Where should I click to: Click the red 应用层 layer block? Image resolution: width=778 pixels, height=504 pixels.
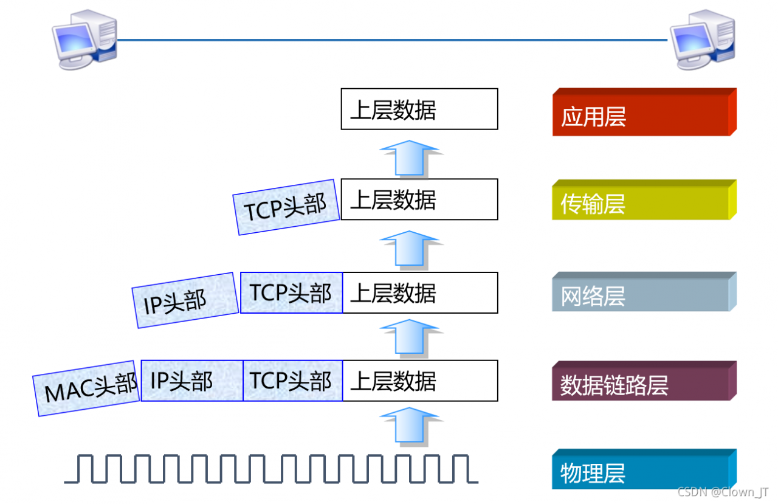pyautogui.click(x=644, y=112)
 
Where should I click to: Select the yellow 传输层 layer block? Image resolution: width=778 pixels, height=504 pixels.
pyautogui.click(x=644, y=200)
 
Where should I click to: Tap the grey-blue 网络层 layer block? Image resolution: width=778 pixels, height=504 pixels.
pyautogui.click(x=644, y=292)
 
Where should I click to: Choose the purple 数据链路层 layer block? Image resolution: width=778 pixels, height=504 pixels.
pyautogui.click(x=644, y=381)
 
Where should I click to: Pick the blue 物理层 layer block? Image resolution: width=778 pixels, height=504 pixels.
pyautogui.click(x=644, y=469)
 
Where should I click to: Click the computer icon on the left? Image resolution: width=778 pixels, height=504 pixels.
pyautogui.click(x=84, y=40)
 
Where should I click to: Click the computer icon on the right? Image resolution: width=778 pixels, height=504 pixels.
pyautogui.click(x=703, y=40)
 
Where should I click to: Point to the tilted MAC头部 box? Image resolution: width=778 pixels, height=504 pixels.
pyautogui.click(x=86, y=388)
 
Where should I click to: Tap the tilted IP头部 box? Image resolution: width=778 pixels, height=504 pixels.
pyautogui.click(x=185, y=300)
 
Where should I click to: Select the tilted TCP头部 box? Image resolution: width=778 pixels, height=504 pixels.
pyautogui.click(x=286, y=207)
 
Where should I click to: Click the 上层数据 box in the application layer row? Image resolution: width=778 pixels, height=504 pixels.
pyautogui.click(x=419, y=109)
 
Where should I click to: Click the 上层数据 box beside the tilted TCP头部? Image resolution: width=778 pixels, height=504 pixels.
pyautogui.click(x=419, y=199)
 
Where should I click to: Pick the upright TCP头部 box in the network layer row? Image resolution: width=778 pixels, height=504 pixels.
pyautogui.click(x=291, y=293)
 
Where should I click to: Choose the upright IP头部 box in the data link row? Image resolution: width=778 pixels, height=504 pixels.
pyautogui.click(x=192, y=381)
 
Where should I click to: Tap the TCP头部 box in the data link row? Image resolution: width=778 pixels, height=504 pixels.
pyautogui.click(x=293, y=381)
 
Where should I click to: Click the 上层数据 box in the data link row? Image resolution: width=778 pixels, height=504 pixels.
pyautogui.click(x=420, y=381)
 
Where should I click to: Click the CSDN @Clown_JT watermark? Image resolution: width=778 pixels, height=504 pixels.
pyautogui.click(x=723, y=492)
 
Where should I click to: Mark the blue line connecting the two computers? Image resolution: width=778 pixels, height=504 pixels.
pyautogui.click(x=393, y=40)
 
